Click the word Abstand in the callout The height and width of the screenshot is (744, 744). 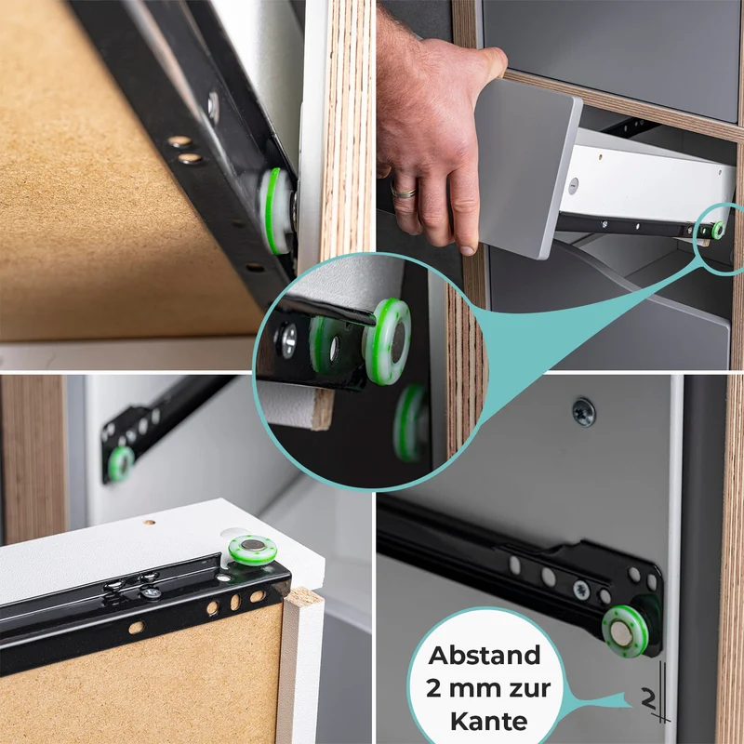(x=485, y=656)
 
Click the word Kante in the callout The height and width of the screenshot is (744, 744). (x=489, y=722)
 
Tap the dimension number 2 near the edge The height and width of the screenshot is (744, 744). (x=648, y=698)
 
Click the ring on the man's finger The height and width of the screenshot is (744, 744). (x=404, y=192)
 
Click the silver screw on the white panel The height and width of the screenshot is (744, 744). (x=584, y=412)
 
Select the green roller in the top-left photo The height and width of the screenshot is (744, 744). (x=277, y=211)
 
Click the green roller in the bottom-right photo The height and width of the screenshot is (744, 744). (x=625, y=631)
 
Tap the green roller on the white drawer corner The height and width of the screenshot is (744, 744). (x=252, y=550)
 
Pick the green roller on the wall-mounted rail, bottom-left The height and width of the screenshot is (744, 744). (x=120, y=463)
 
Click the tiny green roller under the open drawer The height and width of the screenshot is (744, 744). (x=718, y=230)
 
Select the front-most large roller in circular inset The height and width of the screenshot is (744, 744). (x=387, y=340)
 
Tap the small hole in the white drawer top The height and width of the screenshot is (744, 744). (x=150, y=523)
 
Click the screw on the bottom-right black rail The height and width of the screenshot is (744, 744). (x=580, y=590)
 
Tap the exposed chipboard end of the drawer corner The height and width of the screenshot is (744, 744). (x=303, y=597)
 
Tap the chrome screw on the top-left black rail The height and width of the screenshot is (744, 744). (x=213, y=107)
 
